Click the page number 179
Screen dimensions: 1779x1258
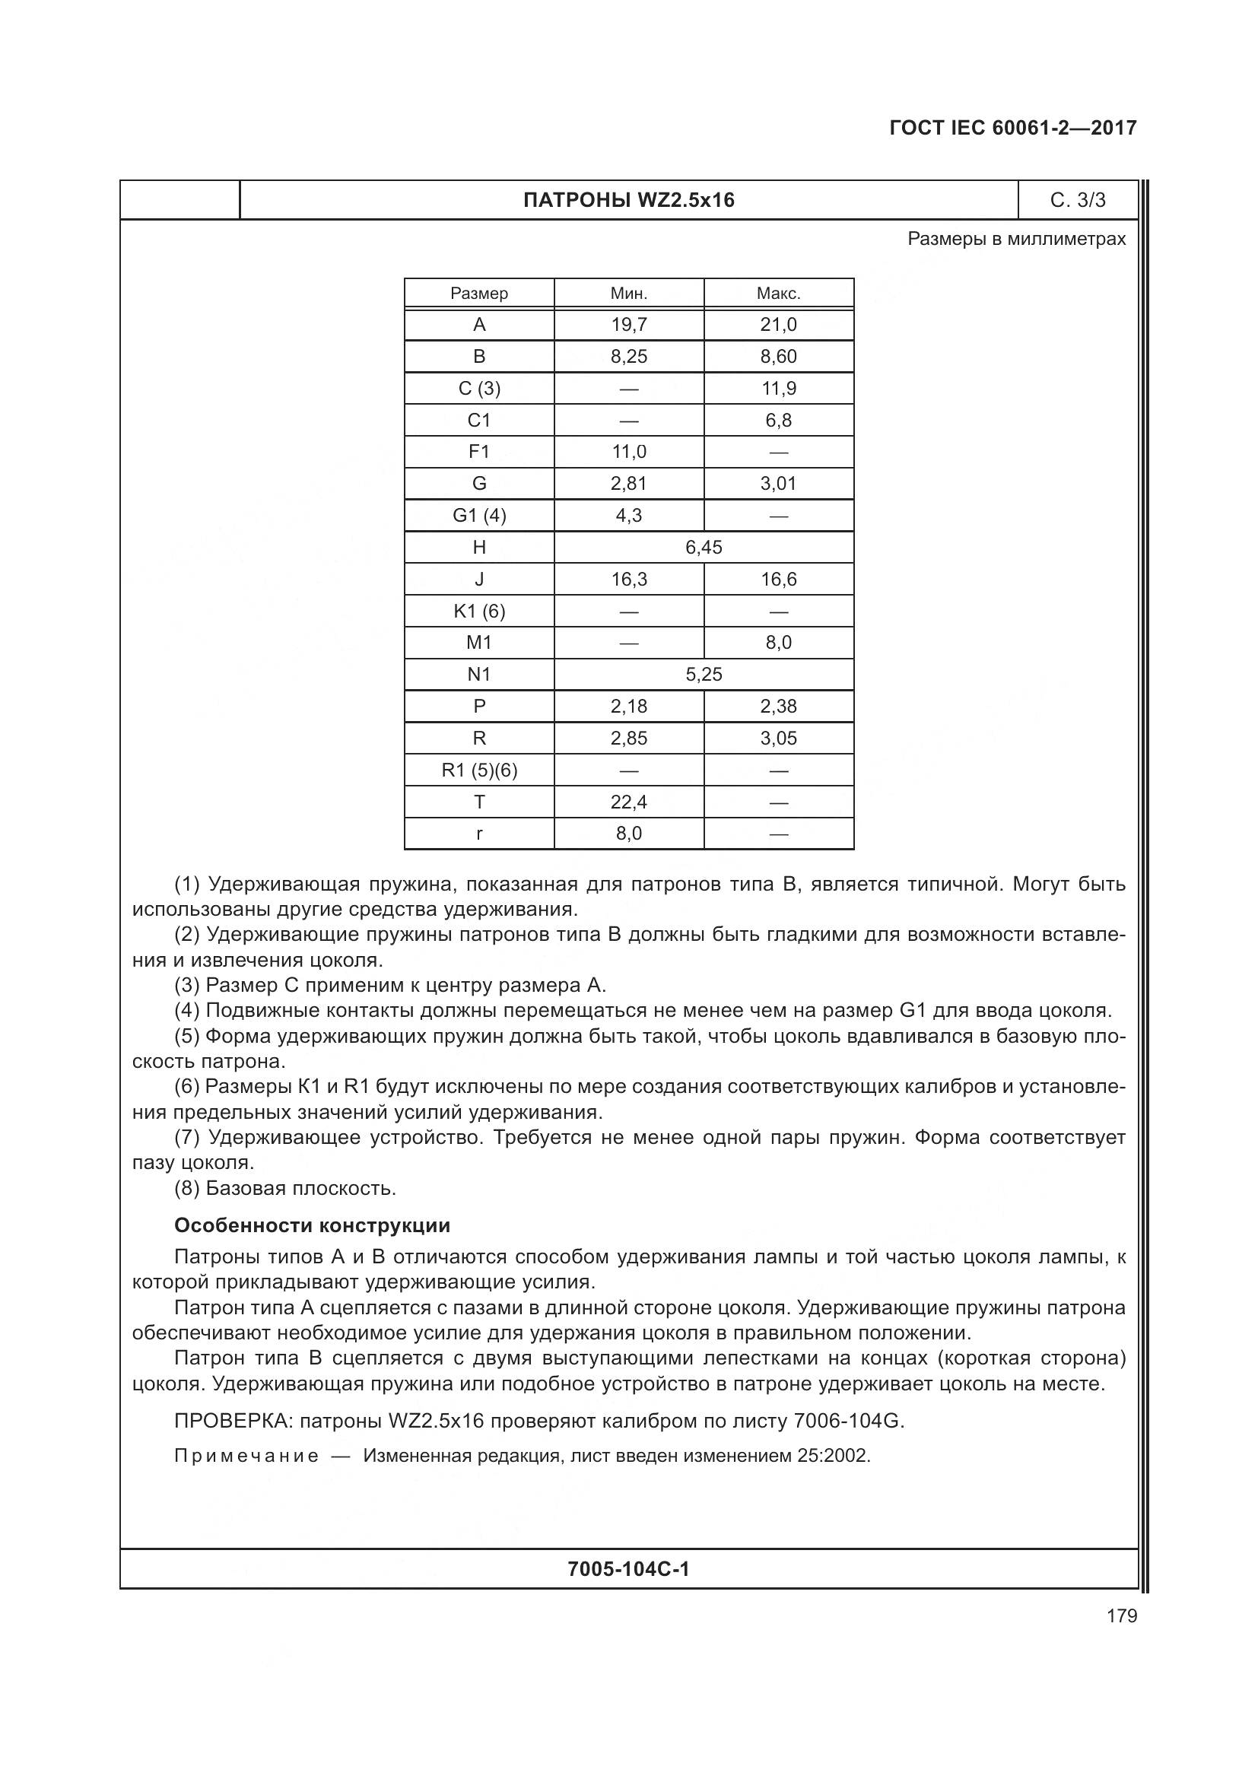1121,1616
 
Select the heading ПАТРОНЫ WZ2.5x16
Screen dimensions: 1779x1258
628,201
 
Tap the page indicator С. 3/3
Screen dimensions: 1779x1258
1078,201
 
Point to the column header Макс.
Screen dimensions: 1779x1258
779,294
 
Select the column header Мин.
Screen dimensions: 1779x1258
628,294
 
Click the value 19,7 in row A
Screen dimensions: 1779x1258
628,325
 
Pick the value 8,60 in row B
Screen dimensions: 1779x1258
779,357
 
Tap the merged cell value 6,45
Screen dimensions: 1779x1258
704,548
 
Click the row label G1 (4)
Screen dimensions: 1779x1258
478,516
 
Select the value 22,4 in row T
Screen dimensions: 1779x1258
628,802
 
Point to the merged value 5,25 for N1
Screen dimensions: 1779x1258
704,675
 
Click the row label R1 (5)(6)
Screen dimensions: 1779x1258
478,770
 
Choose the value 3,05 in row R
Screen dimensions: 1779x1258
779,739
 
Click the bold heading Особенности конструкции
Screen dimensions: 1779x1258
311,1226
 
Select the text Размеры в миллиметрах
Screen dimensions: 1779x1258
1016,240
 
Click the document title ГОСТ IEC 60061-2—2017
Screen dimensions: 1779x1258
1013,129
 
